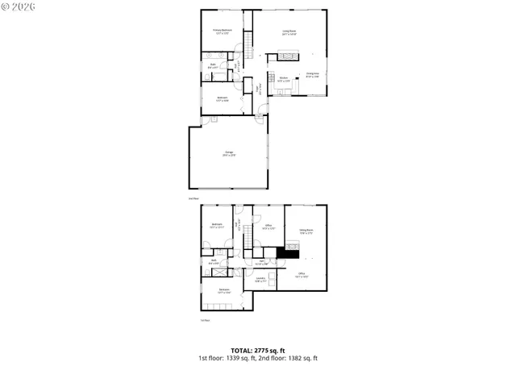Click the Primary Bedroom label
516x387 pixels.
pyautogui.click(x=221, y=31)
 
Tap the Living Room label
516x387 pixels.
pyautogui.click(x=289, y=32)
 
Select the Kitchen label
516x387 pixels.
pyautogui.click(x=283, y=80)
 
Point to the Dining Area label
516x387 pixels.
pyautogui.click(x=312, y=75)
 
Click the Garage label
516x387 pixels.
pyautogui.click(x=230, y=154)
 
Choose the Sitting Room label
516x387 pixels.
pyautogui.click(x=306, y=232)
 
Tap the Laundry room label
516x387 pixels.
pyautogui.click(x=261, y=280)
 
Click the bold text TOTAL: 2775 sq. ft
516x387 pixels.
pyautogui.click(x=257, y=350)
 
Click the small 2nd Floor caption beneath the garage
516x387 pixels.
pyautogui.click(x=193, y=198)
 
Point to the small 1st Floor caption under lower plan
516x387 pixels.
pyautogui.click(x=205, y=320)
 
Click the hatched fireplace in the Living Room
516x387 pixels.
pyautogui.click(x=288, y=56)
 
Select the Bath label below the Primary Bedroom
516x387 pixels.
pyautogui.click(x=212, y=66)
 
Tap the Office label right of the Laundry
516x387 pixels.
pyautogui.click(x=301, y=275)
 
